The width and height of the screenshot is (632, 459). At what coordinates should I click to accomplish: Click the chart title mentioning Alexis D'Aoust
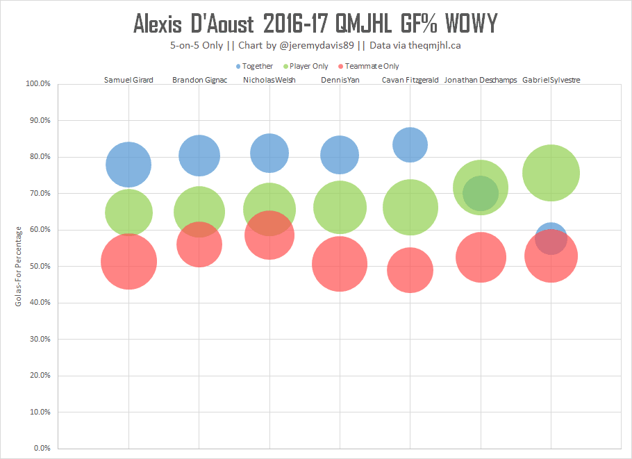[315, 24]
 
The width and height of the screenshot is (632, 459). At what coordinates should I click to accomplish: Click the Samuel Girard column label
[128, 80]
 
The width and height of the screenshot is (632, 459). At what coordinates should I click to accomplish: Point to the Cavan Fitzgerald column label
[410, 80]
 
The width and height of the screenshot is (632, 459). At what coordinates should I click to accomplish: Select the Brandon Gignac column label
[199, 80]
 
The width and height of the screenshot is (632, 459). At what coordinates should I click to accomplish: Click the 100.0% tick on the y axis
[38, 84]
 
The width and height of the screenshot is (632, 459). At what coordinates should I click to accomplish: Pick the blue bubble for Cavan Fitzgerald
[410, 144]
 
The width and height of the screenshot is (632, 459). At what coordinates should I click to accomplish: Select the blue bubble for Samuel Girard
[128, 165]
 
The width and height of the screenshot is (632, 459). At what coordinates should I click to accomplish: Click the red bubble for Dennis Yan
[340, 264]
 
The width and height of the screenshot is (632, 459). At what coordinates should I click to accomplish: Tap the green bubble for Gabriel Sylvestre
[551, 173]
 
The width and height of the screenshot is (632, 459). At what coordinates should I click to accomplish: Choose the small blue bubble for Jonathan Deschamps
[480, 193]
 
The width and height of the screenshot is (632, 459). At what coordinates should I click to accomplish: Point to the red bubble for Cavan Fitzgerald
[410, 269]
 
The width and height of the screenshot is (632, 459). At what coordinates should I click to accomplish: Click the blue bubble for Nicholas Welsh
[269, 153]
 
